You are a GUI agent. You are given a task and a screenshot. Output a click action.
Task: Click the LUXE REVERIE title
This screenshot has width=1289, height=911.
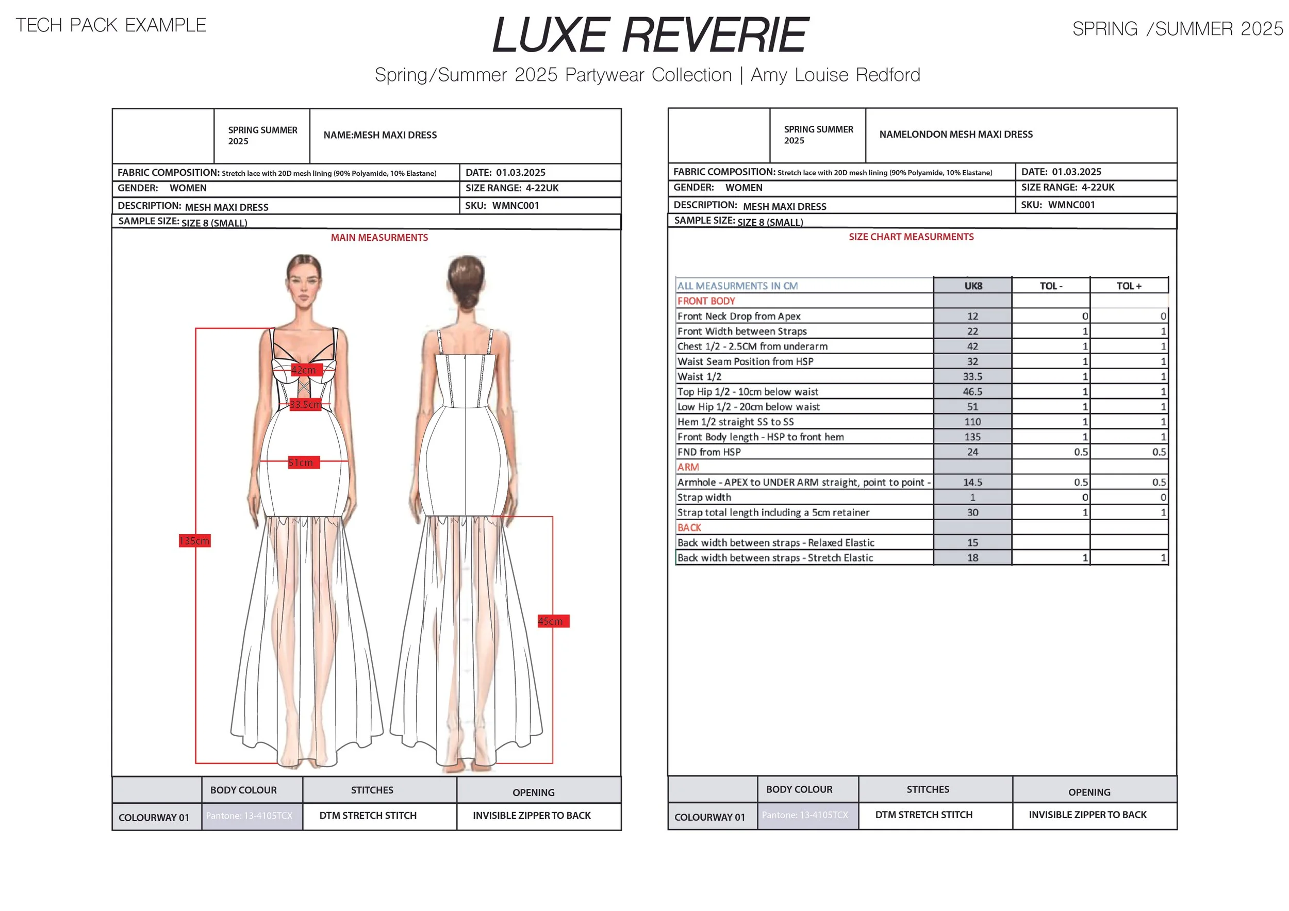(x=650, y=36)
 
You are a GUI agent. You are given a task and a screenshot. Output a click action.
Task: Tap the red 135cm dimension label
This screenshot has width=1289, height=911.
(x=194, y=540)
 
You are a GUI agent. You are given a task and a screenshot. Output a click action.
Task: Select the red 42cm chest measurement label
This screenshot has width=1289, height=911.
(x=304, y=370)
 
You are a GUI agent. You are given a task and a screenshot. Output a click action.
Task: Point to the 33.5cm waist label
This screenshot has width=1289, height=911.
(x=305, y=404)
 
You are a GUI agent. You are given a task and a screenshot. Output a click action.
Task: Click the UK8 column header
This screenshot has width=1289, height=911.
(x=972, y=286)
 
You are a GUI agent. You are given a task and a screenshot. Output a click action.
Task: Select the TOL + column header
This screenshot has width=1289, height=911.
(x=1129, y=286)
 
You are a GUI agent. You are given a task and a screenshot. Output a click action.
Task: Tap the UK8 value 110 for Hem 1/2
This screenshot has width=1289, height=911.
(x=972, y=422)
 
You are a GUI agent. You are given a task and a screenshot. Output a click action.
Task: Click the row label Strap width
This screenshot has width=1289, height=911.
(x=704, y=498)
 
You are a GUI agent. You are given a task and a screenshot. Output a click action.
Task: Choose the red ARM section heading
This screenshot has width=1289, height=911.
(x=688, y=467)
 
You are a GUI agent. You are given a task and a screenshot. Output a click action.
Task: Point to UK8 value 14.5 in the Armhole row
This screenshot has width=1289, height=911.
(x=972, y=482)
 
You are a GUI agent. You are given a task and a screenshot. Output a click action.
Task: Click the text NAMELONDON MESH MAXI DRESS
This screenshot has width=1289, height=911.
(x=955, y=134)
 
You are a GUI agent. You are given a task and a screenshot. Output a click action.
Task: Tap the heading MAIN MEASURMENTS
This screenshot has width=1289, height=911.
(x=379, y=238)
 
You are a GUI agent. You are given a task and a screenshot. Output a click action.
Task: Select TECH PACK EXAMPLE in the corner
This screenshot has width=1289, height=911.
(x=111, y=25)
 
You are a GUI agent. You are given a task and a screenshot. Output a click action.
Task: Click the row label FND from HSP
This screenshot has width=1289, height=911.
(x=708, y=452)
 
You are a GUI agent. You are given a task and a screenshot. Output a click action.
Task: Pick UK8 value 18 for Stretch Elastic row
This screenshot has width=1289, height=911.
(x=972, y=558)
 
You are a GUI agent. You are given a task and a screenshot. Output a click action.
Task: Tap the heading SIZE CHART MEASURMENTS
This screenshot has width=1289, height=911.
(x=911, y=237)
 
